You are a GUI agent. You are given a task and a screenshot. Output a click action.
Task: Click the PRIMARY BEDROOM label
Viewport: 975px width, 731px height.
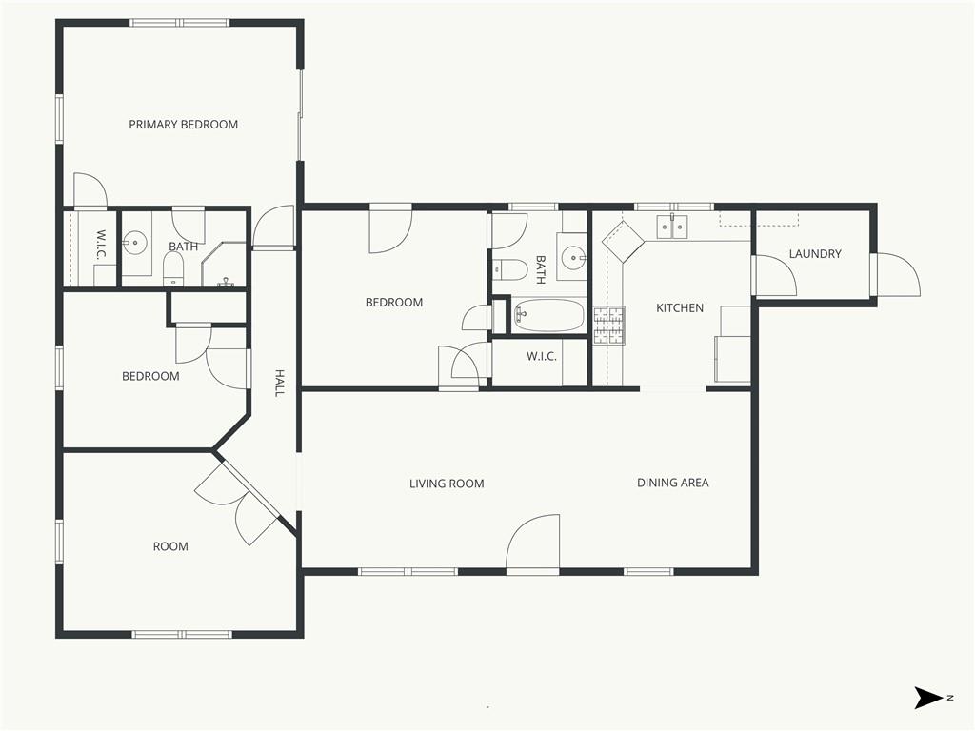[x=184, y=125]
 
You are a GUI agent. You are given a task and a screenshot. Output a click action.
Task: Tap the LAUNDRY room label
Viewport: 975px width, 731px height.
[x=815, y=253]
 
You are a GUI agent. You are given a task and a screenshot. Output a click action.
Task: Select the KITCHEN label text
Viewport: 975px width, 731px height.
[x=680, y=307]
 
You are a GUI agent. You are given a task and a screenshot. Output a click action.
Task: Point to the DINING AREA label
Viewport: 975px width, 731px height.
[x=673, y=483]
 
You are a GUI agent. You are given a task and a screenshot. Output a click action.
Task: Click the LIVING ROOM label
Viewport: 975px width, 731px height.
[x=447, y=484]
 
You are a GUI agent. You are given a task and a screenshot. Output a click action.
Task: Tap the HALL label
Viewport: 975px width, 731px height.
[x=280, y=383]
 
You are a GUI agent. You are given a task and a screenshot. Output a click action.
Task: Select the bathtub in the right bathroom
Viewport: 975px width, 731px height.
[x=548, y=315]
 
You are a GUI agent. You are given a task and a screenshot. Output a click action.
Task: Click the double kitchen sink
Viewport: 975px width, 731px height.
[x=672, y=227]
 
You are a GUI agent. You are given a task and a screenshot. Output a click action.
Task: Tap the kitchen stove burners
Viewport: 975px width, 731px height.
[x=608, y=326]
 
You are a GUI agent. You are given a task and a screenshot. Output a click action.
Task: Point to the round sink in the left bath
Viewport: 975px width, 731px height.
[x=134, y=243]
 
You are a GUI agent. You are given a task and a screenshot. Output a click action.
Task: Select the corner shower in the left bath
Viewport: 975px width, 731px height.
[x=224, y=265]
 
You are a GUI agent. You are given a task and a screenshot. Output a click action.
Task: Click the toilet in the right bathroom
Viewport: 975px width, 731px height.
[x=510, y=269]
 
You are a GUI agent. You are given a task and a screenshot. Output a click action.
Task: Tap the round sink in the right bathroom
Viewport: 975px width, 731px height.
[x=572, y=256]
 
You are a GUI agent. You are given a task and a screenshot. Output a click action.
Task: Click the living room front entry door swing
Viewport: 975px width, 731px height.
[x=533, y=542]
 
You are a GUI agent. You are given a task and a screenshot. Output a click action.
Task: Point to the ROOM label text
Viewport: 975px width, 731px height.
[x=170, y=546]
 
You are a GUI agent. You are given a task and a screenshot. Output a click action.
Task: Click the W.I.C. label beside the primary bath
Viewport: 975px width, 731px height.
[x=102, y=245]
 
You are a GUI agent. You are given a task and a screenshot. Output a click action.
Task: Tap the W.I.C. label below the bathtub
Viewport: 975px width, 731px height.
[x=542, y=356]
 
